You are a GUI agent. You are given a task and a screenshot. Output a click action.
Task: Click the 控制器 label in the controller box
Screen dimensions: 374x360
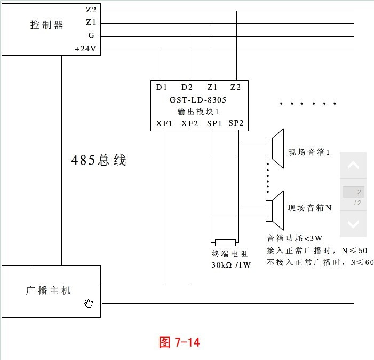(x=46, y=25)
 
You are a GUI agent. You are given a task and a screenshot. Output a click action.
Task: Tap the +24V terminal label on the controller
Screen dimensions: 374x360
(x=85, y=49)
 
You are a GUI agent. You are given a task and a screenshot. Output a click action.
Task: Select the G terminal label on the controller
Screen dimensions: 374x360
(x=91, y=35)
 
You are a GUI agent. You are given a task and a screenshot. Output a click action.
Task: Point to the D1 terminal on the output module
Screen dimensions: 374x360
(x=161, y=87)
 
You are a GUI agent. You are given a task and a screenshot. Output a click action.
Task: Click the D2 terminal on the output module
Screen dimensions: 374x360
(x=187, y=87)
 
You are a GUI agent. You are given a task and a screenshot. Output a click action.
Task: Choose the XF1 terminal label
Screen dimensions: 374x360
(x=164, y=123)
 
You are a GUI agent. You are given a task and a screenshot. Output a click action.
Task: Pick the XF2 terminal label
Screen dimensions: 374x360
(x=189, y=123)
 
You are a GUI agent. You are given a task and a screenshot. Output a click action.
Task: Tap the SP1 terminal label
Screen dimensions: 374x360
(x=214, y=123)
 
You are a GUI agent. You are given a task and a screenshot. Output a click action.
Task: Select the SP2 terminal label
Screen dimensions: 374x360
(x=236, y=123)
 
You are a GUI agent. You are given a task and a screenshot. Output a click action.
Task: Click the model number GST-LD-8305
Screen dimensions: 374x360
(x=198, y=100)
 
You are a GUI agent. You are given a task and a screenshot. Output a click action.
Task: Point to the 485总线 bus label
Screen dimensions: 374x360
(x=99, y=160)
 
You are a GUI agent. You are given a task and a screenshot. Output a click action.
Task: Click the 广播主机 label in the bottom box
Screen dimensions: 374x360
(x=49, y=291)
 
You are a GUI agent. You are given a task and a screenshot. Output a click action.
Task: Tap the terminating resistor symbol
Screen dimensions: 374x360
(x=225, y=242)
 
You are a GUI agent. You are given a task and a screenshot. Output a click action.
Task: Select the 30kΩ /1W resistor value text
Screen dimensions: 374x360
(x=231, y=265)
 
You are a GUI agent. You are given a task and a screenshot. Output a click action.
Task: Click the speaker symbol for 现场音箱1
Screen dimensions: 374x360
(x=275, y=148)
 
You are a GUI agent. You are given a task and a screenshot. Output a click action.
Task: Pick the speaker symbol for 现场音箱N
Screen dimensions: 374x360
(x=275, y=210)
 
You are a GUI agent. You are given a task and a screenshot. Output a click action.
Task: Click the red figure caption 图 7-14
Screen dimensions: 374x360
(x=179, y=342)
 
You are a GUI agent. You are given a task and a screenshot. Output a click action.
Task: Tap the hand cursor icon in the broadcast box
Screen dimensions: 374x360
(x=89, y=303)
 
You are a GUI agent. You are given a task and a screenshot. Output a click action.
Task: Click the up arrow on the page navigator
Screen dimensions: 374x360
(x=353, y=165)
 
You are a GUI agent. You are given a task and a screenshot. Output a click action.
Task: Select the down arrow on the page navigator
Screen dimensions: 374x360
(x=353, y=224)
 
